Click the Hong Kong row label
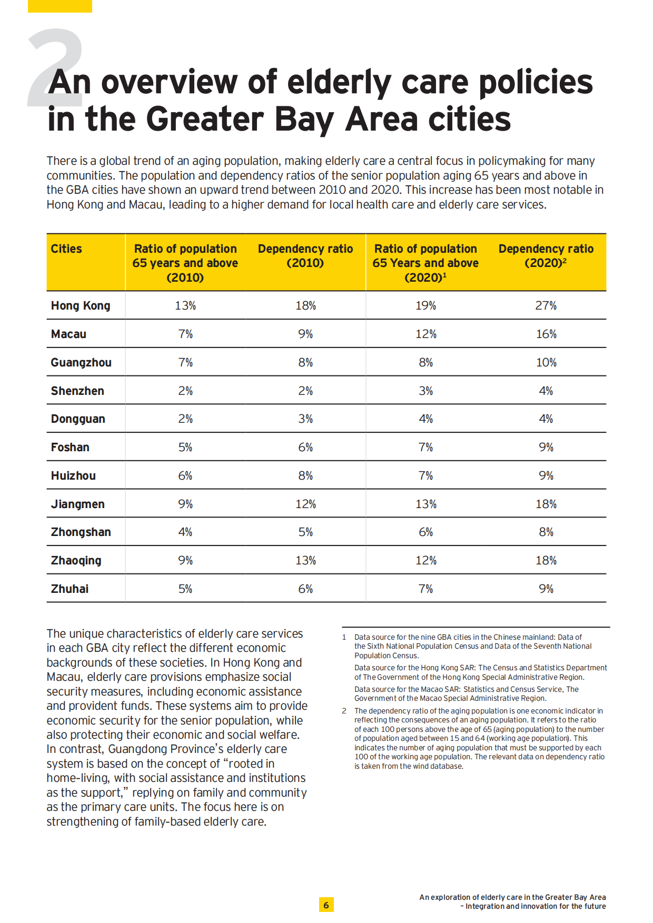coord(81,306)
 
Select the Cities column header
coord(66,249)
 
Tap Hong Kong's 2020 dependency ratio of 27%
coord(546,305)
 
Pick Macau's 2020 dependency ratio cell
coord(546,334)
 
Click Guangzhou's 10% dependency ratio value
coord(546,362)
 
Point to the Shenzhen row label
coord(77,391)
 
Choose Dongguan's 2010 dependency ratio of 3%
coord(305,419)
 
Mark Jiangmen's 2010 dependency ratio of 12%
coord(305,504)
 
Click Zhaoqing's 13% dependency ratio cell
coord(305,560)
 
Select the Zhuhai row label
coord(70,589)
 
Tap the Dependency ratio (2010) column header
coord(305,255)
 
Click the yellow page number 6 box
coord(326,905)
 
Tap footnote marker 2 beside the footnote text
coord(344,711)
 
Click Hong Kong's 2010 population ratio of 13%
coord(185,305)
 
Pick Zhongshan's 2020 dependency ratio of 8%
coord(546,532)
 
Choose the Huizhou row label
coord(73,475)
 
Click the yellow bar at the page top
coord(60,6)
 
